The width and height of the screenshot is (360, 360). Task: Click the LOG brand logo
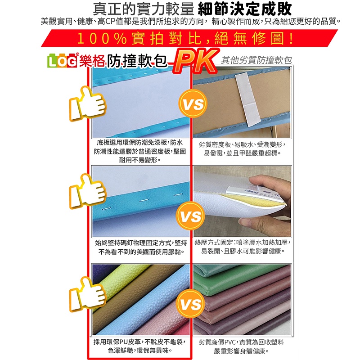(x=62, y=61)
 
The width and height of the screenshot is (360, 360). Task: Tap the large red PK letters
(x=195, y=61)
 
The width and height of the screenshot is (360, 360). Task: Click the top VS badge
(x=193, y=103)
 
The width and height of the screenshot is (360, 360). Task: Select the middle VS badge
(x=190, y=216)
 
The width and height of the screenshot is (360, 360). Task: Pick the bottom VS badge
(x=190, y=303)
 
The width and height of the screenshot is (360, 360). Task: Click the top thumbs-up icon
(x=88, y=104)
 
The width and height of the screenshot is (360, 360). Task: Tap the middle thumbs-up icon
(x=88, y=191)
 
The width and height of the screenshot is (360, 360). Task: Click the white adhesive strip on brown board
(x=247, y=99)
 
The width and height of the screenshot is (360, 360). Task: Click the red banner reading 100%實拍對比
(x=189, y=38)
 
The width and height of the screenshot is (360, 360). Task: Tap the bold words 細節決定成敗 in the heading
(x=244, y=9)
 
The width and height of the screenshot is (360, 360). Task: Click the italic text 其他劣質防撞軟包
(x=256, y=60)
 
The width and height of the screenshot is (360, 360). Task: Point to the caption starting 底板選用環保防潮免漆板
(x=140, y=151)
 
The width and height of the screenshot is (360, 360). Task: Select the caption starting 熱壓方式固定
(x=243, y=247)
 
